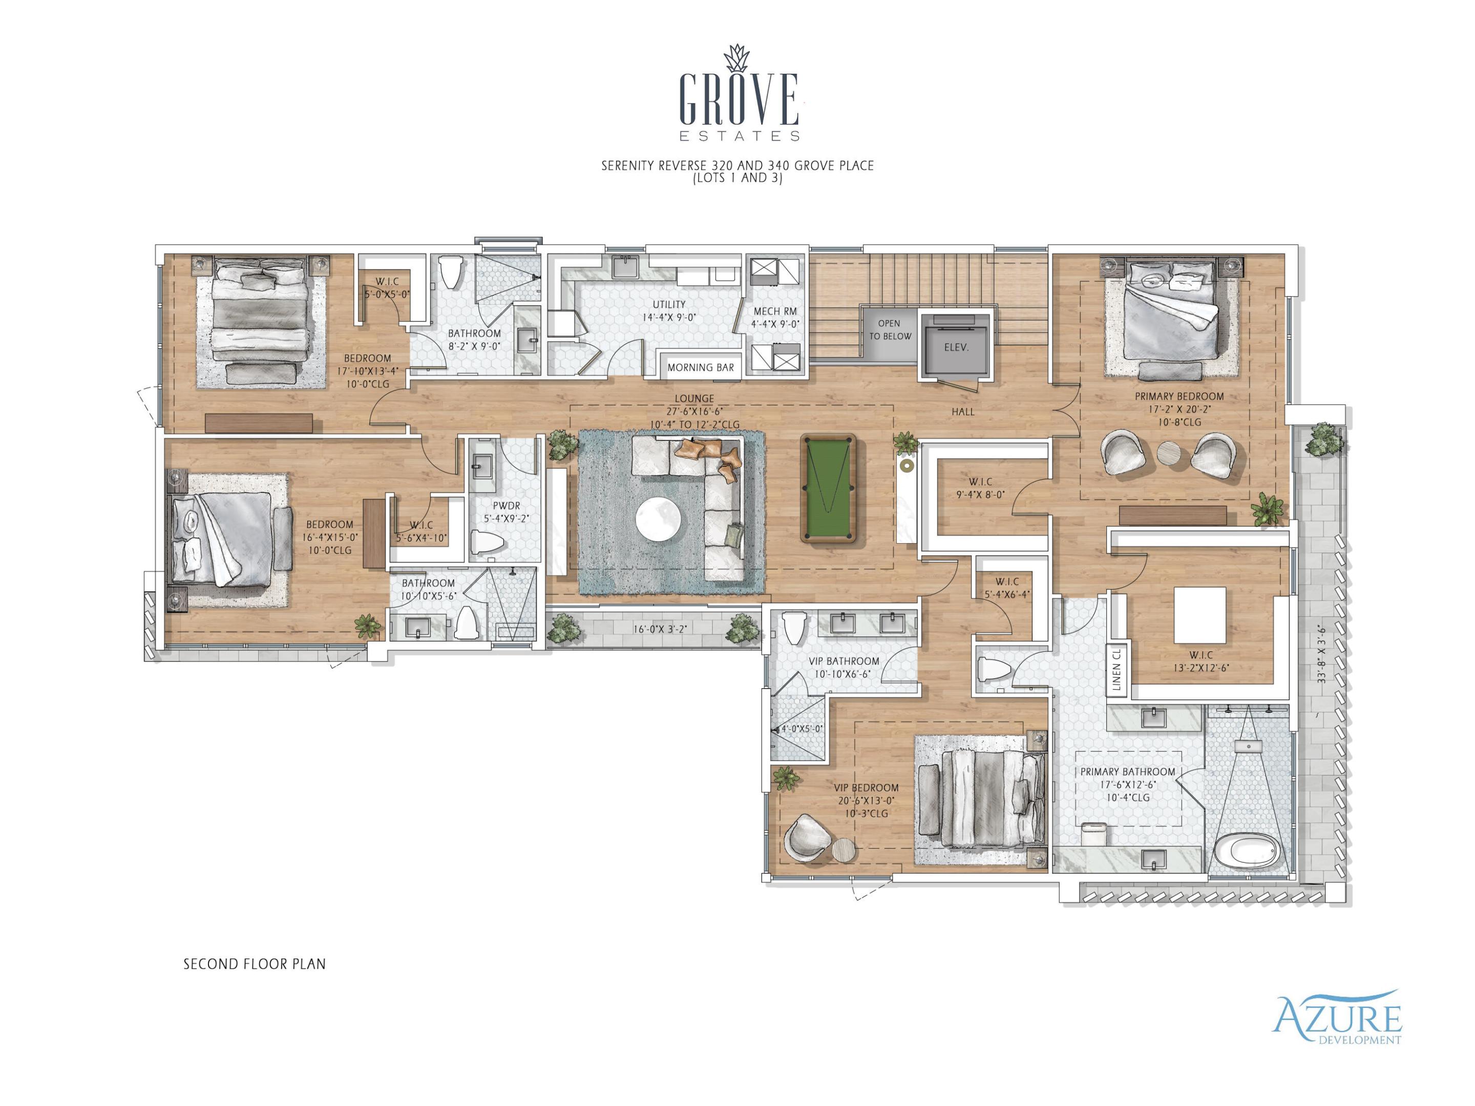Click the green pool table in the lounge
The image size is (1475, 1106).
pyautogui.click(x=828, y=488)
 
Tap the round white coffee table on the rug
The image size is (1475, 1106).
pyautogui.click(x=658, y=521)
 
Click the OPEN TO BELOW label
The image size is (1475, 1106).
pyautogui.click(x=890, y=329)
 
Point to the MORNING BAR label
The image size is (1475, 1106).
pyautogui.click(x=700, y=367)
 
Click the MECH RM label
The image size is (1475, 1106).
pyautogui.click(x=775, y=317)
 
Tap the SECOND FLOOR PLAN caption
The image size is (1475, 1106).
pyautogui.click(x=254, y=964)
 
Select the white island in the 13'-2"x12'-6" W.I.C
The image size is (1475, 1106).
pyautogui.click(x=1199, y=613)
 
